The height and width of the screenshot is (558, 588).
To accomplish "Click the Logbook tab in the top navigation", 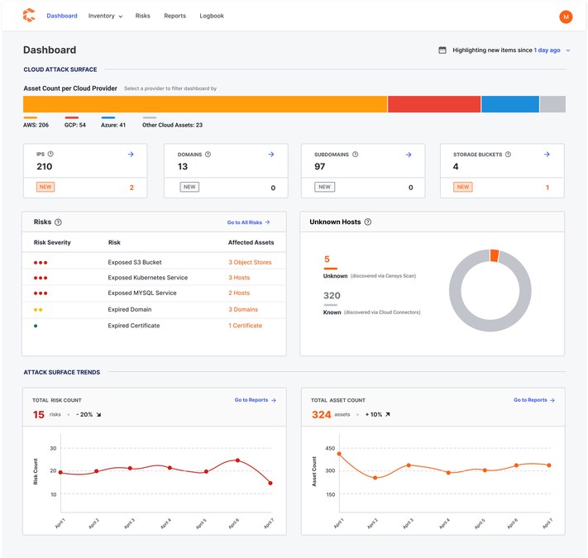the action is [x=212, y=16].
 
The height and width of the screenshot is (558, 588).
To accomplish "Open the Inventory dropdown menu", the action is [x=105, y=16].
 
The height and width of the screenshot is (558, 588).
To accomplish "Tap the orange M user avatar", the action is [x=566, y=17].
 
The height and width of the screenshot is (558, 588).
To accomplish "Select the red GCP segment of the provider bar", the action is [x=434, y=104].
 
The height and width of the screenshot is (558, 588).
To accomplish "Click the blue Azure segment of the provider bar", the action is [x=510, y=104].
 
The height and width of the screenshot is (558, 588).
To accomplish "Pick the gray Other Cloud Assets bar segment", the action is [x=552, y=104].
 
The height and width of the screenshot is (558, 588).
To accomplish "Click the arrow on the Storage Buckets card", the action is [x=547, y=154].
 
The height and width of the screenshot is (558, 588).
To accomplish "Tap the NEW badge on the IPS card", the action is [x=45, y=187].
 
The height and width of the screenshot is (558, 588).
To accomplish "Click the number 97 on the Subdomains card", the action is [x=319, y=166].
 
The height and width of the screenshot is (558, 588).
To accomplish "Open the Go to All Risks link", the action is [x=248, y=222].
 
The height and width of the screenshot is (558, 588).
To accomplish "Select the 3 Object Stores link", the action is [x=250, y=262].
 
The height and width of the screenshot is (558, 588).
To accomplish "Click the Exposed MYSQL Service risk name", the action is [x=142, y=293].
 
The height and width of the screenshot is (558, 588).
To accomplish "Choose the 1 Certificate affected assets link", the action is [x=246, y=326].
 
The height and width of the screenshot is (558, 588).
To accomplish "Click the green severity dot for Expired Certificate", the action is [x=36, y=326].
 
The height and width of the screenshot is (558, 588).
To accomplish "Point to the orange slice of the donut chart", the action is [x=495, y=255].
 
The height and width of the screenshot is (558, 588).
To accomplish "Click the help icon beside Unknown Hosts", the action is [x=368, y=222].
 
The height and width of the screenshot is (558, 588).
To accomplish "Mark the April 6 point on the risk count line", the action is [x=237, y=460].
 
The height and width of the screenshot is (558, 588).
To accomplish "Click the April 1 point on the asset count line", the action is [x=339, y=454].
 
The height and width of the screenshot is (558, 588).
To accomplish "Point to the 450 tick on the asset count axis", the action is [x=330, y=448].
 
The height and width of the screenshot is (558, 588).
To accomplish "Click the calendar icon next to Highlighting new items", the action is [x=442, y=50].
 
